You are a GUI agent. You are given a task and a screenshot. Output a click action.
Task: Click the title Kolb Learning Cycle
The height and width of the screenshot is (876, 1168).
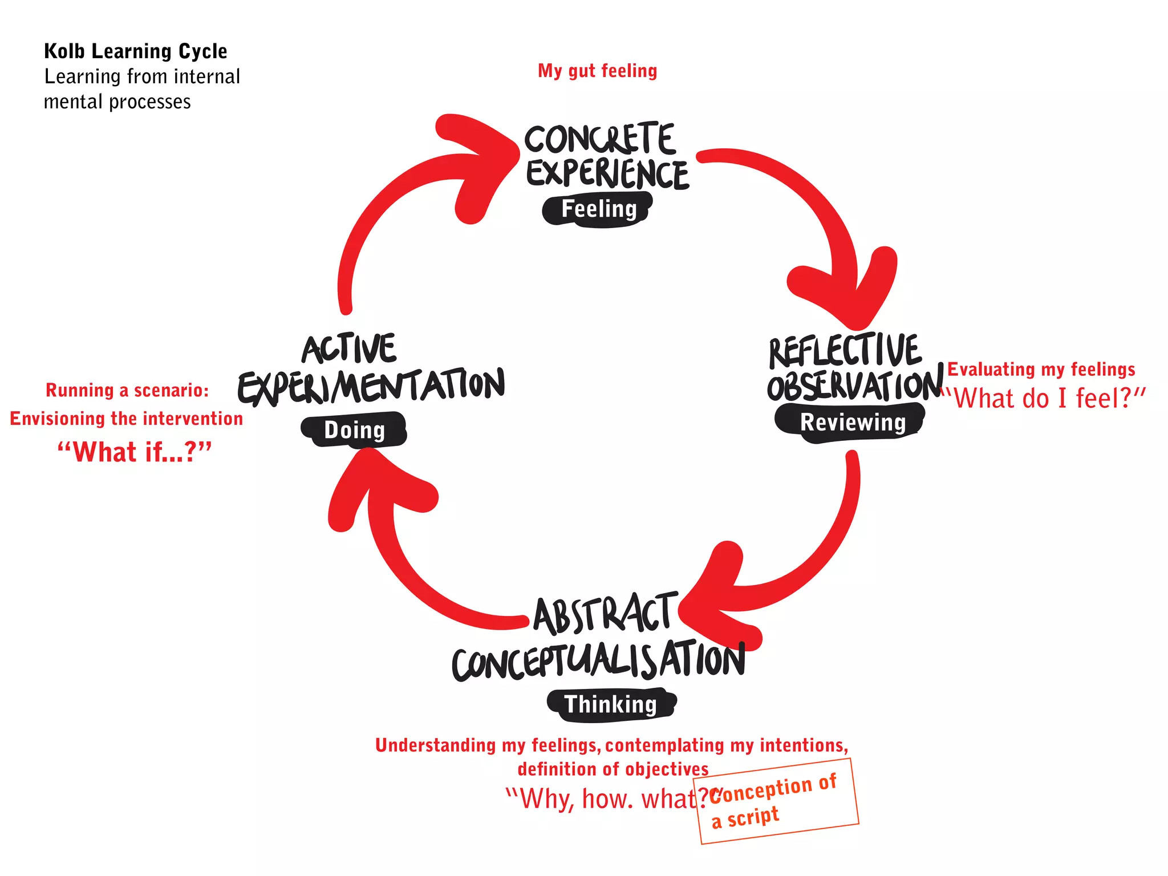tap(135, 51)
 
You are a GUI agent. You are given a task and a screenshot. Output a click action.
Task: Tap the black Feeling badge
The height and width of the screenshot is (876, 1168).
tap(598, 209)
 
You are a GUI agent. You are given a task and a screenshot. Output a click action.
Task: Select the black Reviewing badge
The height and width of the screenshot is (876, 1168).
tap(851, 423)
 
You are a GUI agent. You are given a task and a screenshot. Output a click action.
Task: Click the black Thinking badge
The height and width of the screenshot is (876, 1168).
tap(611, 705)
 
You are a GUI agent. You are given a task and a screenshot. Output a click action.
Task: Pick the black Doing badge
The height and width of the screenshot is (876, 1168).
tap(354, 431)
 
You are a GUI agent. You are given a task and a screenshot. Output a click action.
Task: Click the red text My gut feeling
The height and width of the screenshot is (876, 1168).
tap(597, 71)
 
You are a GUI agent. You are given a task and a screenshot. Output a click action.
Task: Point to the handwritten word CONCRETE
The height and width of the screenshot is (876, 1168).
tap(600, 139)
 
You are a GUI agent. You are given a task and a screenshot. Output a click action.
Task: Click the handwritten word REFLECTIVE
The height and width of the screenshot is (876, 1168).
tap(844, 351)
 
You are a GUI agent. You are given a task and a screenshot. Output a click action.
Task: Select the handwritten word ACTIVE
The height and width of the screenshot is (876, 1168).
tap(349, 349)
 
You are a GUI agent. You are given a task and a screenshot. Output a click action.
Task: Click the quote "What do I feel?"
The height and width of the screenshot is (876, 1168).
tap(1044, 398)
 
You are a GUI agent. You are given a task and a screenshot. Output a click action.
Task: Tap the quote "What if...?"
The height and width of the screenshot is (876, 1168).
tap(134, 452)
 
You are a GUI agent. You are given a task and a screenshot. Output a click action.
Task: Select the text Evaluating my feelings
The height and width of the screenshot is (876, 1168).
tap(1041, 370)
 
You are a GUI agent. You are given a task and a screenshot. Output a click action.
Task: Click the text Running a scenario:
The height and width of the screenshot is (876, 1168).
tap(127, 391)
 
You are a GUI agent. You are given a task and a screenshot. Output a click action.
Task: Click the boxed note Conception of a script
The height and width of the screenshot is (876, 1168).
tap(776, 801)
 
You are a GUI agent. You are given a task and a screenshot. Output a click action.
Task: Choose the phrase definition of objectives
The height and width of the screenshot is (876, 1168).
tap(613, 769)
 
